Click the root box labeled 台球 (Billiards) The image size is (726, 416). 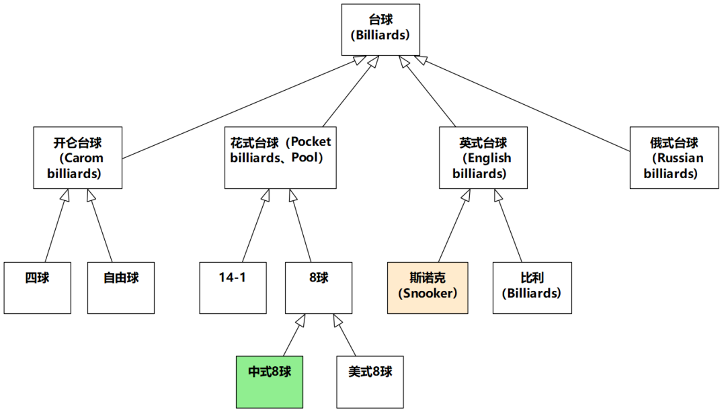pyautogui.click(x=380, y=30)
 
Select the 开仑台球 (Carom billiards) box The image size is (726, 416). pyautogui.click(x=78, y=157)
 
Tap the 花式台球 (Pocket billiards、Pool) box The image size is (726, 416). pyautogui.click(x=280, y=157)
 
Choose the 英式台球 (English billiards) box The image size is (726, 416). pyautogui.click(x=483, y=157)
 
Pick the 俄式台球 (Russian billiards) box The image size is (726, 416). pyautogui.click(x=674, y=157)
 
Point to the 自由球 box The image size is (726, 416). pyautogui.click(x=121, y=287)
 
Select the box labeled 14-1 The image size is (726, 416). pyautogui.click(x=233, y=287)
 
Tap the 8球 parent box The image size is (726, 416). pyautogui.click(x=318, y=287)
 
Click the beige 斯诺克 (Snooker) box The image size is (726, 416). pyautogui.click(x=428, y=287)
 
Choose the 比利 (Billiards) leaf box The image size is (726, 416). pyautogui.click(x=532, y=287)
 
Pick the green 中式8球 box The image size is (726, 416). pyautogui.click(x=270, y=381)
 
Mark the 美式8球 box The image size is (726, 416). pyautogui.click(x=370, y=381)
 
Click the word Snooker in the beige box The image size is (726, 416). pyautogui.click(x=428, y=293)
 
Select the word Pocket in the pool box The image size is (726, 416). pyautogui.click(x=311, y=142)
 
